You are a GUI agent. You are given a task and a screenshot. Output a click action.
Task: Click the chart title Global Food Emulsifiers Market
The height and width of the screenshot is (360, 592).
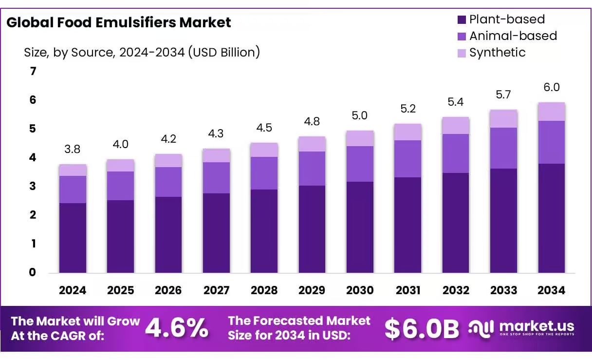118,23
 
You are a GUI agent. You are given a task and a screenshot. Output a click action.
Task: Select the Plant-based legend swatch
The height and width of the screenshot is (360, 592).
462,20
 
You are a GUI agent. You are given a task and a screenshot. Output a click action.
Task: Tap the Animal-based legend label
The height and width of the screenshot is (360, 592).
513,36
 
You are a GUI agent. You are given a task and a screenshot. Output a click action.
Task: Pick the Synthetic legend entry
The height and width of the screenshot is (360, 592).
497,53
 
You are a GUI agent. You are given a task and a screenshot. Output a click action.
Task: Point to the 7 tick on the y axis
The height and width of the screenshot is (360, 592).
33,72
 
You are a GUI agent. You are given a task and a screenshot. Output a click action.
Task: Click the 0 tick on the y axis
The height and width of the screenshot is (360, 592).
33,272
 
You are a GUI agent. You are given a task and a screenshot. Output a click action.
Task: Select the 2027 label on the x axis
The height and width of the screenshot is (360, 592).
216,290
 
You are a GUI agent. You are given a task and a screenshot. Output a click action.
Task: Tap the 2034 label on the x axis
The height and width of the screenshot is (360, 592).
551,290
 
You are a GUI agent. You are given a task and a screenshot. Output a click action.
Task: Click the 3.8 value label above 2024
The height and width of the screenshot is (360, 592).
73,150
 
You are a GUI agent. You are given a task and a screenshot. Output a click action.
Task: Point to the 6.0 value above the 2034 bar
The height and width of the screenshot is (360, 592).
551,88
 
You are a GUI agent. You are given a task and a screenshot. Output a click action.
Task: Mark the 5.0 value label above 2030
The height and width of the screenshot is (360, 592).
360,116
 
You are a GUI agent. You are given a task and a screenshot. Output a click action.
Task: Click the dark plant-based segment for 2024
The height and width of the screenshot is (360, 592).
73,238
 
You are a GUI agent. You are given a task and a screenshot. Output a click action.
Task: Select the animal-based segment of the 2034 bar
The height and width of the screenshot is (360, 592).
551,142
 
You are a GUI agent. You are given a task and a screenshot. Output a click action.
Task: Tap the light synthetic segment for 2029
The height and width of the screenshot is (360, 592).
312,144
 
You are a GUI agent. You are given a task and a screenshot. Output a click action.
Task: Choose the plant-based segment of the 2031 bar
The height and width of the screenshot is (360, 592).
407,225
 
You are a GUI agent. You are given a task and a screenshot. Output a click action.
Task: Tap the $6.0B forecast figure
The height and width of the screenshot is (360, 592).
421,329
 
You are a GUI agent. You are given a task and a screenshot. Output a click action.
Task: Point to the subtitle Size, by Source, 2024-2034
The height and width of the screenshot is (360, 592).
142,53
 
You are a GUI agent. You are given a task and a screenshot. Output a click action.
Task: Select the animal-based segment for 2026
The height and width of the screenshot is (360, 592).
168,182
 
